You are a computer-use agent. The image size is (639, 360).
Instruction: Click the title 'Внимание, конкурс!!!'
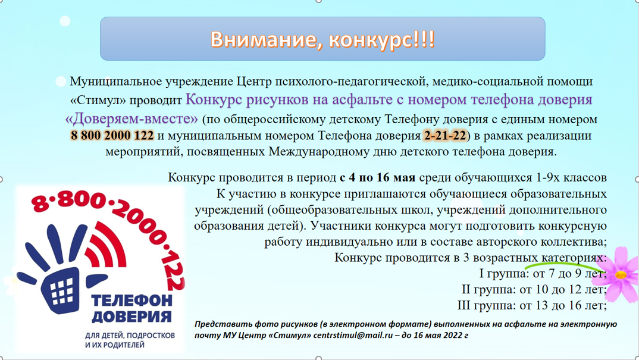point(322,39)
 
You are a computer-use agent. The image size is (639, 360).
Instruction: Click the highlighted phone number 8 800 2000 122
point(112,136)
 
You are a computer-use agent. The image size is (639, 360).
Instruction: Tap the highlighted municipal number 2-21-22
point(445,136)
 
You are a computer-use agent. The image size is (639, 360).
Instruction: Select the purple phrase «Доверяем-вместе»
point(131,118)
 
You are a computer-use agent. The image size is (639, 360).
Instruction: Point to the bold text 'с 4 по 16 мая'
point(377,178)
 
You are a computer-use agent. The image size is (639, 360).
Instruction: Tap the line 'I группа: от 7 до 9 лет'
point(543,274)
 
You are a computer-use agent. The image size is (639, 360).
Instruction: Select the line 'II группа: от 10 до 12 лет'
point(534,290)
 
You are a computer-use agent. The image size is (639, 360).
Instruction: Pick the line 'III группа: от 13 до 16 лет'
point(532,306)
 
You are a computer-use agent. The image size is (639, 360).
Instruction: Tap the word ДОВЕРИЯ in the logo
point(131,316)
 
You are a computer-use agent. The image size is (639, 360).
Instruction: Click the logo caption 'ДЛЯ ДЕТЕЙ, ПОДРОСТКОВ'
point(130,336)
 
